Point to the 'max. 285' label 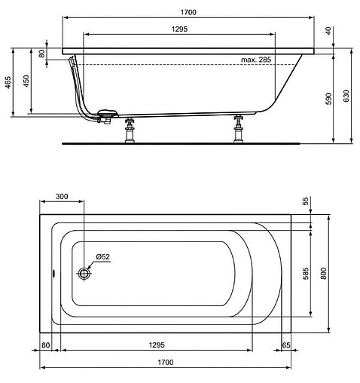256,59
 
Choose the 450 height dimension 27,81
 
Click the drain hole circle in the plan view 84,275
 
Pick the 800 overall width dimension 325,273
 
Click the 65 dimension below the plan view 286,345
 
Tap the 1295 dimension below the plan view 157,345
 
